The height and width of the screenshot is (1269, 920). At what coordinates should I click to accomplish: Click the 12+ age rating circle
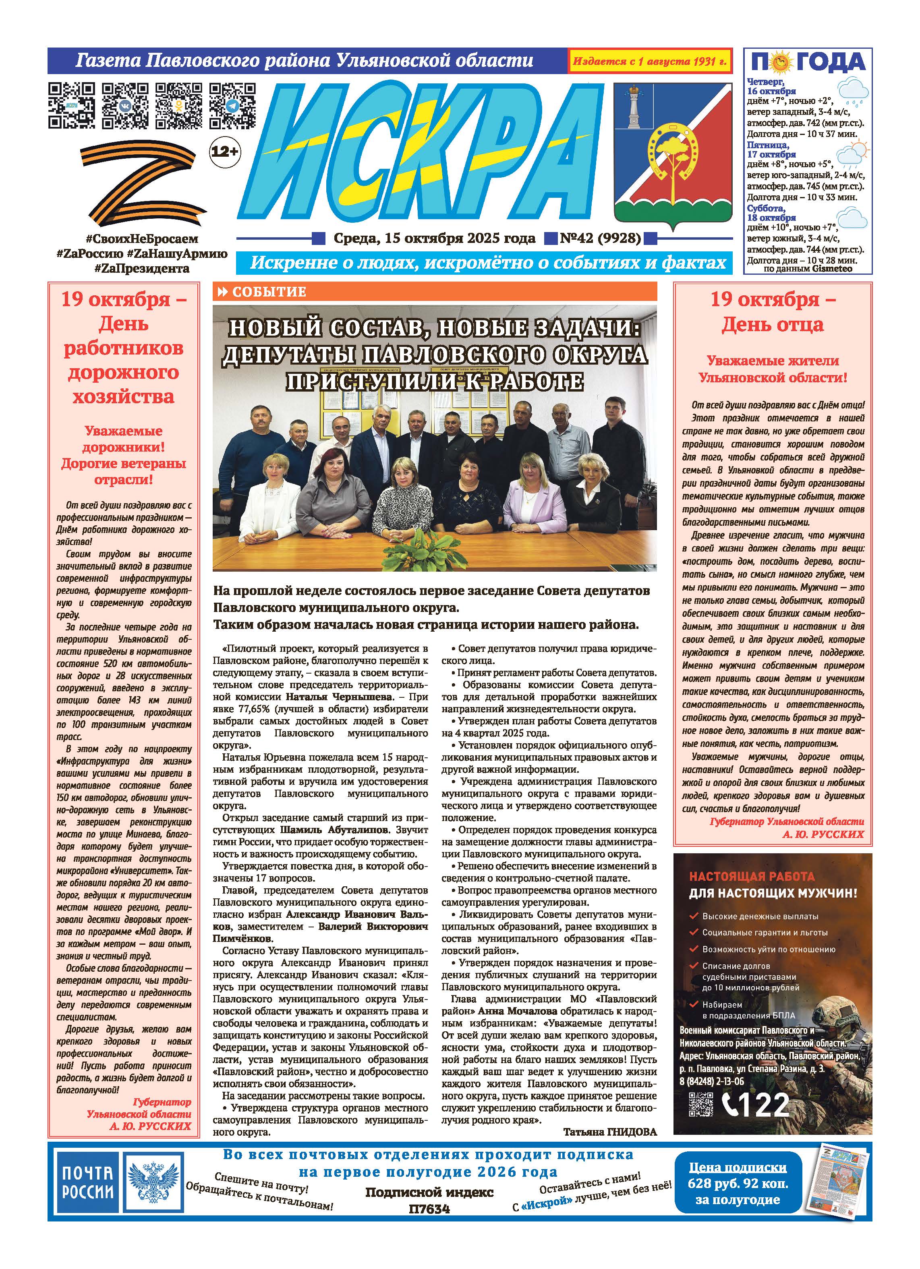tap(224, 151)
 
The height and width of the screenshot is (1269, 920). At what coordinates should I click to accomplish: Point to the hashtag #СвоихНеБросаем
tap(142, 239)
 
